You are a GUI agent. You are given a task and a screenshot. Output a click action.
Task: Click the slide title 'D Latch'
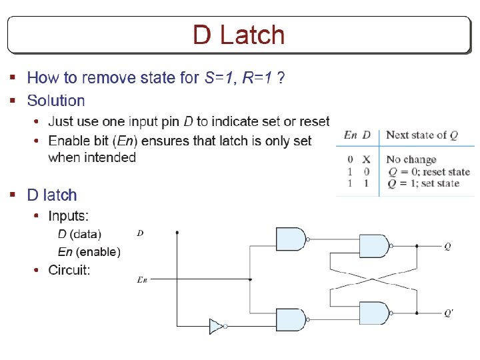point(239,35)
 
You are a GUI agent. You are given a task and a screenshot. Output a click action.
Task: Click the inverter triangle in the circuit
point(216,326)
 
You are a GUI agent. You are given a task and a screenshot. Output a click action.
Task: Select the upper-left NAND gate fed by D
point(291,239)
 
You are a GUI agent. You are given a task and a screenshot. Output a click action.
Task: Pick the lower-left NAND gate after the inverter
point(291,320)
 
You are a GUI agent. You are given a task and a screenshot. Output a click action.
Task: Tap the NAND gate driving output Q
point(374,246)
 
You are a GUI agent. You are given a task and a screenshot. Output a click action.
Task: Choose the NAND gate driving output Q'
point(374,313)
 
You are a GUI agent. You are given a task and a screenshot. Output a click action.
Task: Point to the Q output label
point(447,246)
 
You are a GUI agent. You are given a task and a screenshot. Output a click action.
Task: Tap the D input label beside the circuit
point(140,233)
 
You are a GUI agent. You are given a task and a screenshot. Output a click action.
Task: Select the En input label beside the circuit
point(141,280)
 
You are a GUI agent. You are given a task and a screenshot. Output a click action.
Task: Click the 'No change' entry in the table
point(411,160)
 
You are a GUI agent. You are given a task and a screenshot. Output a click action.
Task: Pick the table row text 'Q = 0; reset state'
point(428,172)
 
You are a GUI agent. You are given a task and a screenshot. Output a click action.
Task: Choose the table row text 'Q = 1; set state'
point(423,183)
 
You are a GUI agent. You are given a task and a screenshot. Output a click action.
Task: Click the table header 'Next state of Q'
point(421,135)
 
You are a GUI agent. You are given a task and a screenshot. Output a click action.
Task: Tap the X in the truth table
point(366,160)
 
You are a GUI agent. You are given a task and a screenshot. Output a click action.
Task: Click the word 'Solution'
point(56,101)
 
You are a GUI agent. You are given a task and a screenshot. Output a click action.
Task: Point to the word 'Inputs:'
point(69,216)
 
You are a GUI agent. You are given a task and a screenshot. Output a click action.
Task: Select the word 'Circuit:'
point(69,270)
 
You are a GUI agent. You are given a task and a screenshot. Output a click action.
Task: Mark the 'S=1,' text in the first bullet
point(219,78)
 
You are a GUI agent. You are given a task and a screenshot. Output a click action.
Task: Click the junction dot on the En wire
point(250,280)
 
